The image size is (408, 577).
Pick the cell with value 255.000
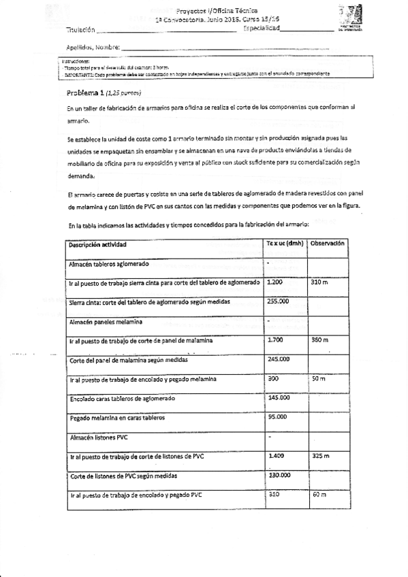(279, 300)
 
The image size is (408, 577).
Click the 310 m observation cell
(319, 281)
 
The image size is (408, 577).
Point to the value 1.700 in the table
(276, 339)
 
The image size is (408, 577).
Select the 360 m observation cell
(319, 339)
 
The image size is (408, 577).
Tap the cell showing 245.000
(279, 358)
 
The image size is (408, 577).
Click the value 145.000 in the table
(279, 397)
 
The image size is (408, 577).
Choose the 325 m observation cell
(321, 455)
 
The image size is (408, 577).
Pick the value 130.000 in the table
(279, 475)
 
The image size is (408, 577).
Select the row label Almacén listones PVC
(99, 437)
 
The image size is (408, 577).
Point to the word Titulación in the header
(80, 31)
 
